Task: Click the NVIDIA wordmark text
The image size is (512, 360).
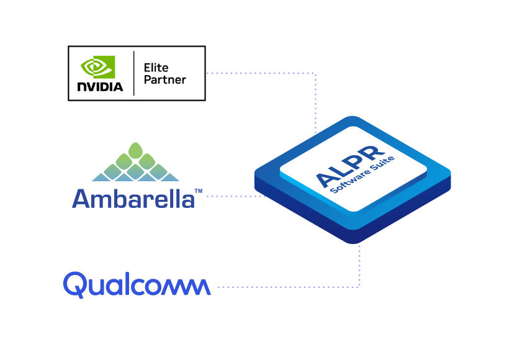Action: click(x=100, y=86)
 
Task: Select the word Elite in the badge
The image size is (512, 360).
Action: click(x=156, y=67)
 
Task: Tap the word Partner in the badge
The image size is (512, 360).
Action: click(x=164, y=79)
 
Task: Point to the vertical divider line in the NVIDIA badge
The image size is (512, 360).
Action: click(x=134, y=73)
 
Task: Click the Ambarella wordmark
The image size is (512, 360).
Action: click(x=133, y=199)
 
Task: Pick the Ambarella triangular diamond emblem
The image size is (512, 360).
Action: click(x=135, y=163)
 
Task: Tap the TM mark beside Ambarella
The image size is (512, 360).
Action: click(x=198, y=191)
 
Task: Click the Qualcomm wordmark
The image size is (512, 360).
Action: click(x=137, y=285)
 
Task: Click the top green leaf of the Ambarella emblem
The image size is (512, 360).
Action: click(x=135, y=150)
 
